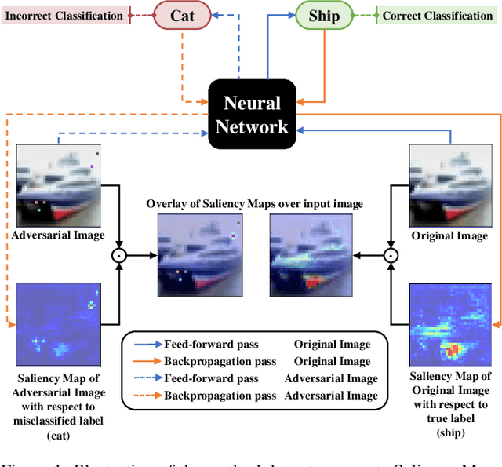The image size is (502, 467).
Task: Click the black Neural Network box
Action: click(251, 114)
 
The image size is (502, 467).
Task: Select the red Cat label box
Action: click(182, 16)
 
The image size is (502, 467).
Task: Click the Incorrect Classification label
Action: click(64, 15)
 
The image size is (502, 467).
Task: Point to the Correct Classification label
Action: click(437, 15)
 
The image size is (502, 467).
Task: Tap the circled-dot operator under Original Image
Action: click(391, 255)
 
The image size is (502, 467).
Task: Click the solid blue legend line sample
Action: click(144, 345)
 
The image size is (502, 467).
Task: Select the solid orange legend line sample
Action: click(144, 361)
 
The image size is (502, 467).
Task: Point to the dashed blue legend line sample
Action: click(144, 378)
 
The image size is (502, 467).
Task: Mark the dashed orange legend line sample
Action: click(144, 395)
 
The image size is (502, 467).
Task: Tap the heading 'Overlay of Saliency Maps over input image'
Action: click(254, 204)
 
